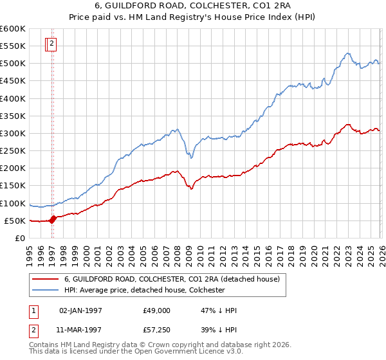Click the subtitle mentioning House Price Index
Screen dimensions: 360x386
coord(192,18)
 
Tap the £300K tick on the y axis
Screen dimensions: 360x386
coord(13,134)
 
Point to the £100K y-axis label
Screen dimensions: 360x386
coord(13,204)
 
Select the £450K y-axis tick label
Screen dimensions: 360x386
coord(13,81)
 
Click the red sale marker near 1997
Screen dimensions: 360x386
coord(53,219)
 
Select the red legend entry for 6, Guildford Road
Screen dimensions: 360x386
coord(171,280)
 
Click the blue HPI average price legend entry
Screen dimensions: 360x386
coord(144,291)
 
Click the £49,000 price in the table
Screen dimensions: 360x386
coord(157,310)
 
